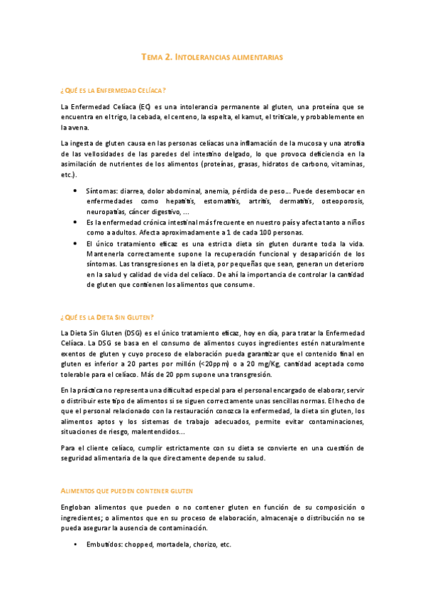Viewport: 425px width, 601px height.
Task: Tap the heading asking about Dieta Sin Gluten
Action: tap(108, 317)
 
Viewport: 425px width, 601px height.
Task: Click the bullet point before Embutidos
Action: tap(76, 544)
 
